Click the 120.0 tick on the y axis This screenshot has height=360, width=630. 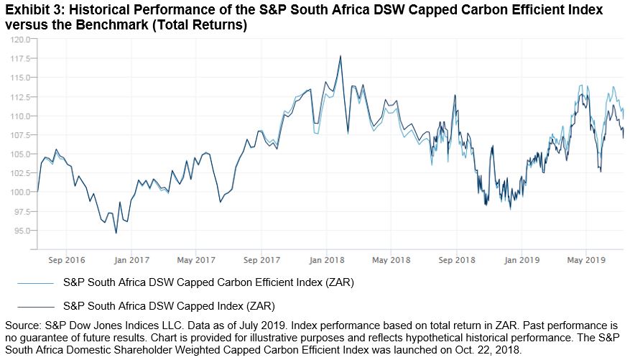(x=18, y=39)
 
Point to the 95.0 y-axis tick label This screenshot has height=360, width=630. (x=19, y=231)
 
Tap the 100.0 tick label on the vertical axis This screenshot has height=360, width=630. (x=18, y=192)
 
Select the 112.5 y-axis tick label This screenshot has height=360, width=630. (x=18, y=96)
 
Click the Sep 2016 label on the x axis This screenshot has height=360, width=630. (x=62, y=259)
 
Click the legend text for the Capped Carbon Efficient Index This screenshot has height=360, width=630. (x=208, y=282)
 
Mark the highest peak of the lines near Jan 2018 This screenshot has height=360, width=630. (x=340, y=56)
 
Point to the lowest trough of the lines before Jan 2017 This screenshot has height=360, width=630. (x=116, y=233)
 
